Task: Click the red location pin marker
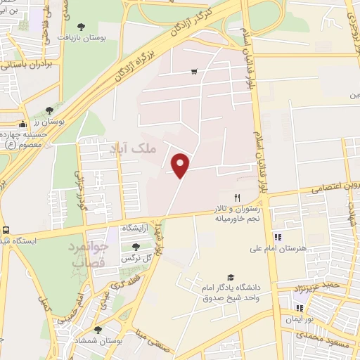point(181,165)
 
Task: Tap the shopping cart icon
point(194,71)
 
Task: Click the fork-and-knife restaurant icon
point(238,198)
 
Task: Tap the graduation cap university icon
point(229,278)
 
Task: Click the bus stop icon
point(6,230)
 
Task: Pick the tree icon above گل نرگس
point(136,247)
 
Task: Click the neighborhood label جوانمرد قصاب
point(89,255)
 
